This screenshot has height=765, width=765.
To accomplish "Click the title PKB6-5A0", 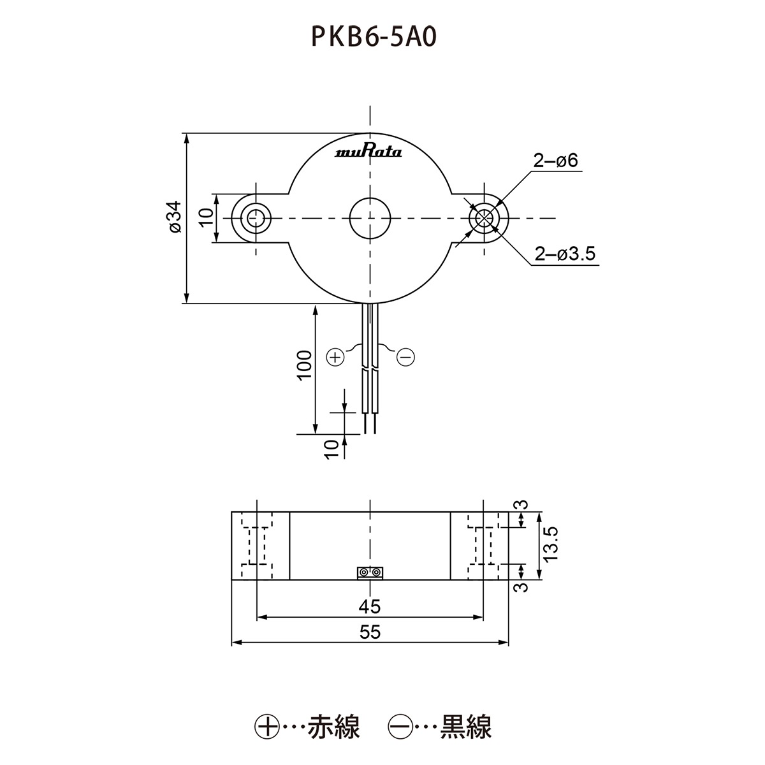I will [x=373, y=38].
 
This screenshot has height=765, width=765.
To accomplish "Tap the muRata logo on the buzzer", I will [x=368, y=152].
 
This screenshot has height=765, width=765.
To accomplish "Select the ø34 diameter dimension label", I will [x=175, y=217].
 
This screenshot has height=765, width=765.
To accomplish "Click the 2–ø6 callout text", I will [x=556, y=161].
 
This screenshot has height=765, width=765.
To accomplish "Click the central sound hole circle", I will [x=370, y=217].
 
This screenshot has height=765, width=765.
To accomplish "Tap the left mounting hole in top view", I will [x=256, y=217].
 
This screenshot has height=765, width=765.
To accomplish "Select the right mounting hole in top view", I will [x=484, y=217].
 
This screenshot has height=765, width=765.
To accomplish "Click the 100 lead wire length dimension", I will [x=305, y=365].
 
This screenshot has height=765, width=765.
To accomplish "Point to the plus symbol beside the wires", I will [x=335, y=357].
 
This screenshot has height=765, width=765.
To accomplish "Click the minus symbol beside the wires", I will [x=405, y=357].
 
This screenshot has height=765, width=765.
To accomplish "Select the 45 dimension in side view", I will [x=370, y=606].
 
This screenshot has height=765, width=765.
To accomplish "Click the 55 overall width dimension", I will [x=370, y=632].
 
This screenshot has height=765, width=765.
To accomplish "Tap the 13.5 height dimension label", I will [x=551, y=543].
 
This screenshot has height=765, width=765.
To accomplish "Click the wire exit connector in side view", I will [x=370, y=573].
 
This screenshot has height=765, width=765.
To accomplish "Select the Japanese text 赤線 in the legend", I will [x=334, y=727].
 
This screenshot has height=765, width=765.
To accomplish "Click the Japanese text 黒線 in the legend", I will [x=466, y=727].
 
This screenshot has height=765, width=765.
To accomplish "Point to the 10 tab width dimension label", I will [x=205, y=217].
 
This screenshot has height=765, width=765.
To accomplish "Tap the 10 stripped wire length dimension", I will [x=330, y=449].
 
